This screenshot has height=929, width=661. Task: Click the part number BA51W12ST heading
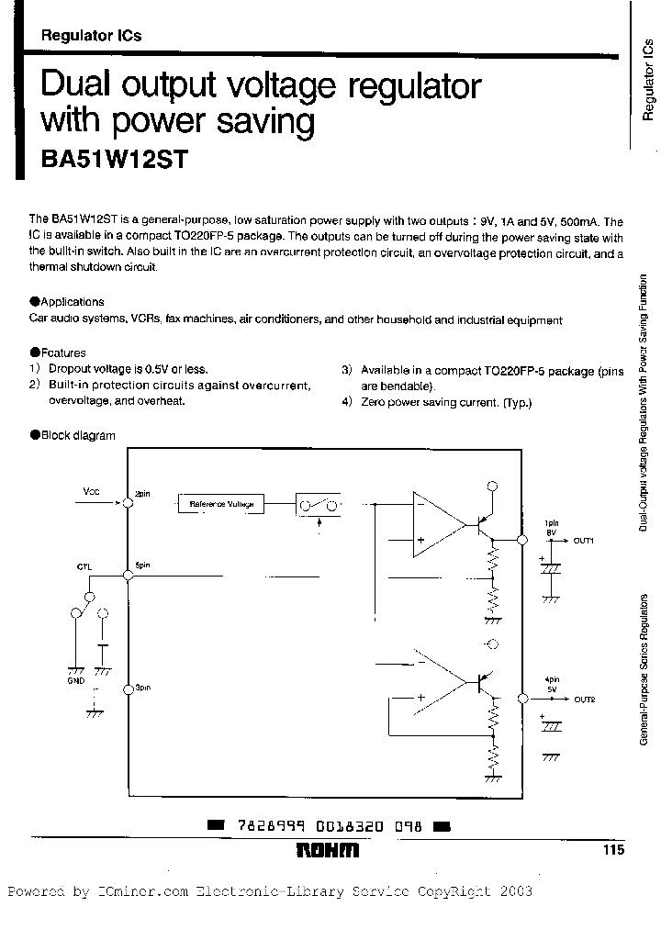click(x=114, y=159)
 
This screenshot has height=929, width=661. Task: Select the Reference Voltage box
click(x=221, y=504)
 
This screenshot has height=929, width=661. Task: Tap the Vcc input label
click(x=92, y=492)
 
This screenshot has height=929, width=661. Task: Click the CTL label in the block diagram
click(x=84, y=566)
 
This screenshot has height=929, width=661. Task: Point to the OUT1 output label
click(x=585, y=541)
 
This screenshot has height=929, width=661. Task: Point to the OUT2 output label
click(x=585, y=699)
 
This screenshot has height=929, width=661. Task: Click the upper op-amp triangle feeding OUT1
click(x=436, y=524)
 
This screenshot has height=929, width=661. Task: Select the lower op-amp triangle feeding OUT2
click(x=436, y=682)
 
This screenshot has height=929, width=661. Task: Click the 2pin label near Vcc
click(x=142, y=494)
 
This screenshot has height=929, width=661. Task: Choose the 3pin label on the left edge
click(x=142, y=687)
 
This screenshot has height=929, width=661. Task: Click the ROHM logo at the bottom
click(x=328, y=851)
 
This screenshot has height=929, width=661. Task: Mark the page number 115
click(x=613, y=851)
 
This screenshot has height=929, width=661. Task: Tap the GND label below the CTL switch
click(x=74, y=682)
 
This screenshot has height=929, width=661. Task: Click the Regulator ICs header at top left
click(x=92, y=36)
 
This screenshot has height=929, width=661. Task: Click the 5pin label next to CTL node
click(x=142, y=565)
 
